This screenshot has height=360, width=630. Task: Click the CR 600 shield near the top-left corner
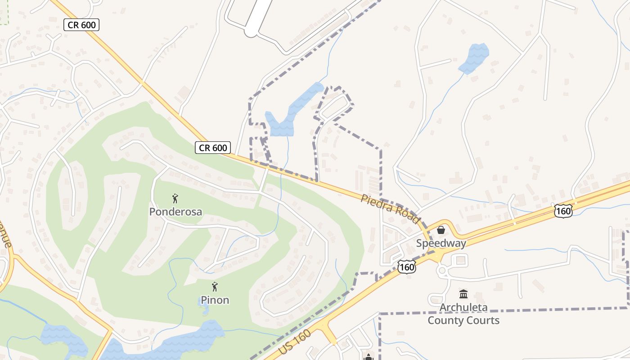81,25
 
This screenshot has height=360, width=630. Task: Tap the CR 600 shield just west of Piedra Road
213,148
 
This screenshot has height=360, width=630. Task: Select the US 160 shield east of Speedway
563,211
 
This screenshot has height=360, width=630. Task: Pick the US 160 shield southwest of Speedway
406,267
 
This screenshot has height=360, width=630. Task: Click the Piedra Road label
390,209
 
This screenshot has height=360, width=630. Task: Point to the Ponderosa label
175,211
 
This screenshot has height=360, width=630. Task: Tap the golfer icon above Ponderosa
175,198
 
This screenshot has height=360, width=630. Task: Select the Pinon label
215,300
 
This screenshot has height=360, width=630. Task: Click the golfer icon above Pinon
215,286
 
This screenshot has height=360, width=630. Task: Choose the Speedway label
441,243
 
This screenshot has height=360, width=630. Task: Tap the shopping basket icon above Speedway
441,230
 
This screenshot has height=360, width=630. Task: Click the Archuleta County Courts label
463,314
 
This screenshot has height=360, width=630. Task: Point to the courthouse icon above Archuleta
463,294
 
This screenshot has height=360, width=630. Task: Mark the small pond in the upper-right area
473,57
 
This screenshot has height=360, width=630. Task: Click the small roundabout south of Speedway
442,270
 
